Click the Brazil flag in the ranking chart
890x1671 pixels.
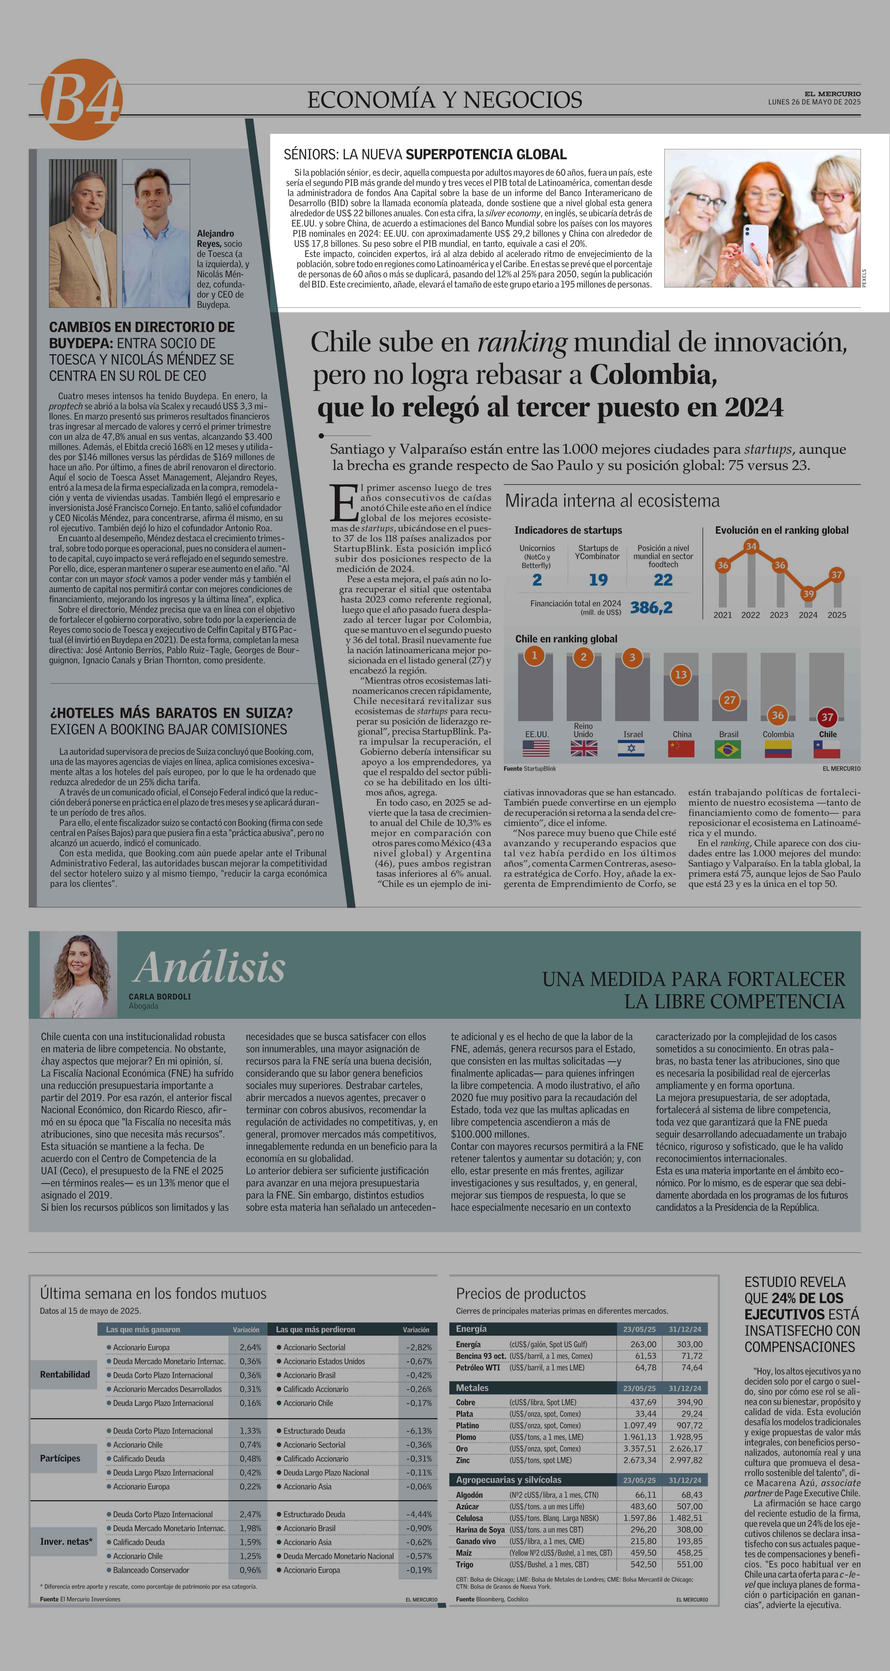[728, 749]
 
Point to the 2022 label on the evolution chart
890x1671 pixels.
[751, 615]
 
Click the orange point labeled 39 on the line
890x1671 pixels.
[808, 594]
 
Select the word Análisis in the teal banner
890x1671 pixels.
[209, 968]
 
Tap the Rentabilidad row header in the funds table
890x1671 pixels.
[65, 1375]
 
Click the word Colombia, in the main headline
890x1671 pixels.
[653, 375]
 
